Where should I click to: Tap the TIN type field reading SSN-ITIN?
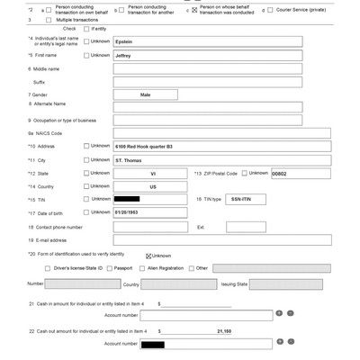click(x=241, y=199)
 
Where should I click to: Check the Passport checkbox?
click(x=111, y=267)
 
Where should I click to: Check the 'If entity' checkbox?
click(x=86, y=29)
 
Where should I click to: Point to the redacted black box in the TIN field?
click(x=127, y=199)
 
